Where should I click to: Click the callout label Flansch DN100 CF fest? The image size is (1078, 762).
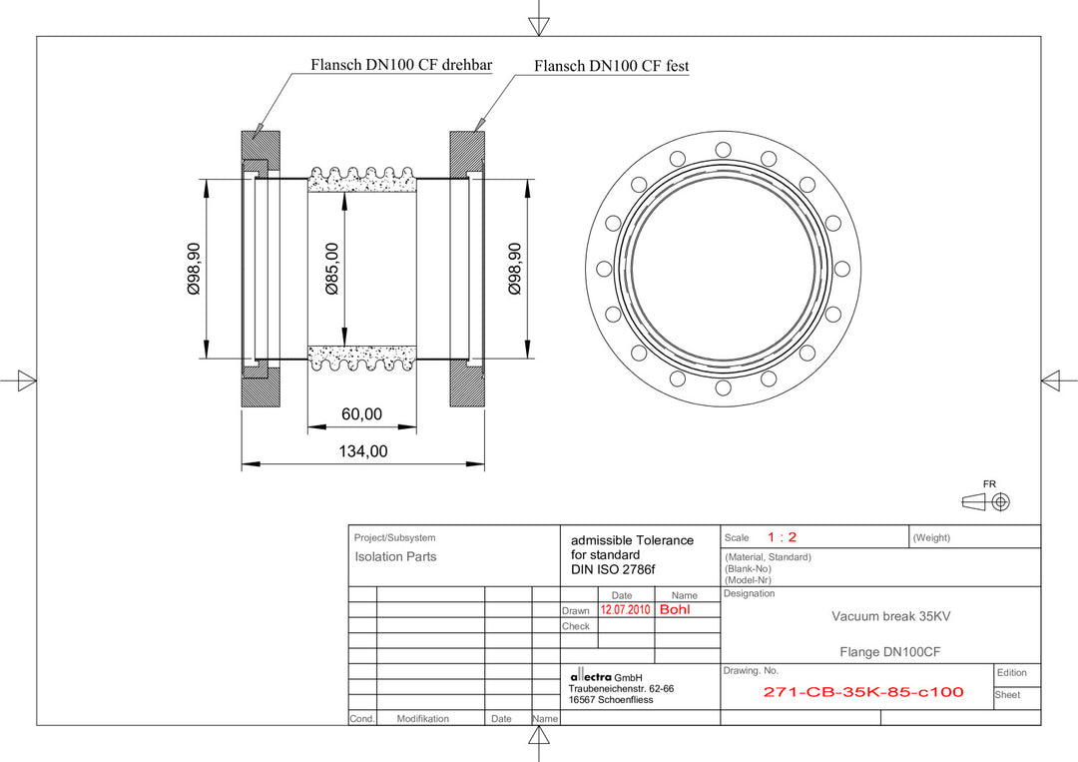(x=611, y=66)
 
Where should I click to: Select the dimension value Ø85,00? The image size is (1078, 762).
(x=332, y=269)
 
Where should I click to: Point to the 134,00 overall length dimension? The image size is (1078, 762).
(x=362, y=451)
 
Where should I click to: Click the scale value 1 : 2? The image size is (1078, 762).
(x=782, y=537)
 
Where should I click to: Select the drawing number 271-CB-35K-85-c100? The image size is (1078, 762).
(x=863, y=691)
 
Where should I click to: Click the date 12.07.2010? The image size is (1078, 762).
(x=625, y=609)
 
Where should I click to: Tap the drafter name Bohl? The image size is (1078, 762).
(x=675, y=609)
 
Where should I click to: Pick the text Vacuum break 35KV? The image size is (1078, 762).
(x=890, y=616)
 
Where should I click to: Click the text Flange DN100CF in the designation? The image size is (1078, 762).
(x=890, y=652)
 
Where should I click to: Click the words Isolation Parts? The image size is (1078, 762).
(x=395, y=557)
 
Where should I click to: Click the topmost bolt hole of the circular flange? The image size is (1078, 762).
(x=722, y=149)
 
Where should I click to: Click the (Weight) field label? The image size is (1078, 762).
(x=931, y=537)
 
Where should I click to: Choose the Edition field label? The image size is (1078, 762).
(x=1011, y=672)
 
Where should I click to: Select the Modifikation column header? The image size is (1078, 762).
(x=422, y=718)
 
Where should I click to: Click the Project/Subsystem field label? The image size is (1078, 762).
(x=394, y=537)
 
